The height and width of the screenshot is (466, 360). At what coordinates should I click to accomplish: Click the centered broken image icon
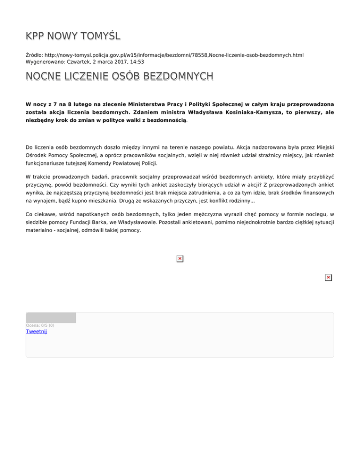(180, 258)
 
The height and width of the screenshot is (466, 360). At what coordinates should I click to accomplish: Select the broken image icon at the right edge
(328, 278)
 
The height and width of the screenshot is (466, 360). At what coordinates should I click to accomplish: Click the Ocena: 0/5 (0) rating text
(40, 325)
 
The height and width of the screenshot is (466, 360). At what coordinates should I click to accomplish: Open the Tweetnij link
(37, 332)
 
